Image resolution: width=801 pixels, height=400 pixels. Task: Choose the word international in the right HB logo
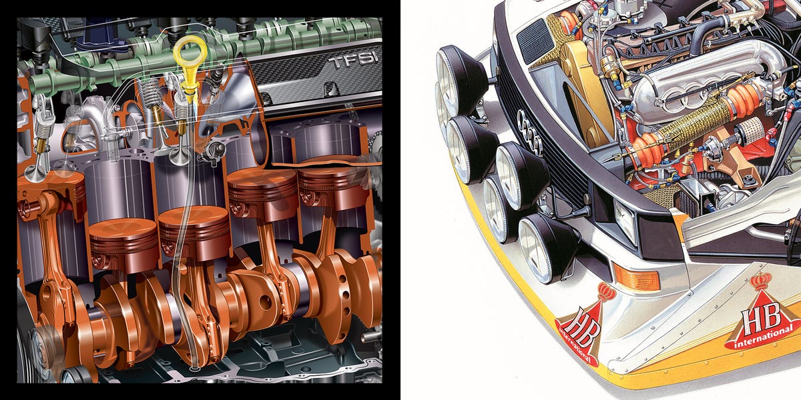coord(763,339)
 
